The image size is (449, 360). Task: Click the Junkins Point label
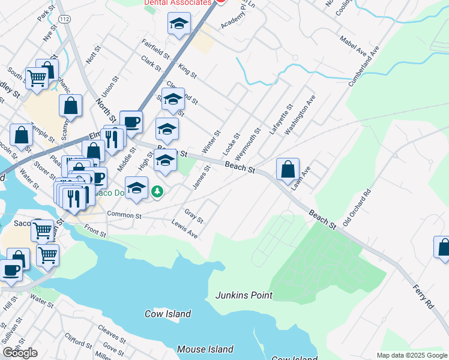(x=244, y=295)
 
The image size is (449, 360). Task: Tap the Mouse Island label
(x=205, y=349)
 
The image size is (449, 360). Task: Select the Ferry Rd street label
(x=423, y=297)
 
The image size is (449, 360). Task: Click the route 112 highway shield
(x=65, y=19)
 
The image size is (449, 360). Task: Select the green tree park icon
(x=157, y=191)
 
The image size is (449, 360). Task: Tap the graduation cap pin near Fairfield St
(x=178, y=25)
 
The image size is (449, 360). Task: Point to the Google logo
(x=20, y=353)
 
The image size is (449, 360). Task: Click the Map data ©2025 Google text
(x=412, y=355)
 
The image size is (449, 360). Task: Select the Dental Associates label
(x=178, y=2)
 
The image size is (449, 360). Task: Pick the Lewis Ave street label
(x=184, y=232)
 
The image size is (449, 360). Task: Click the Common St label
(x=124, y=215)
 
